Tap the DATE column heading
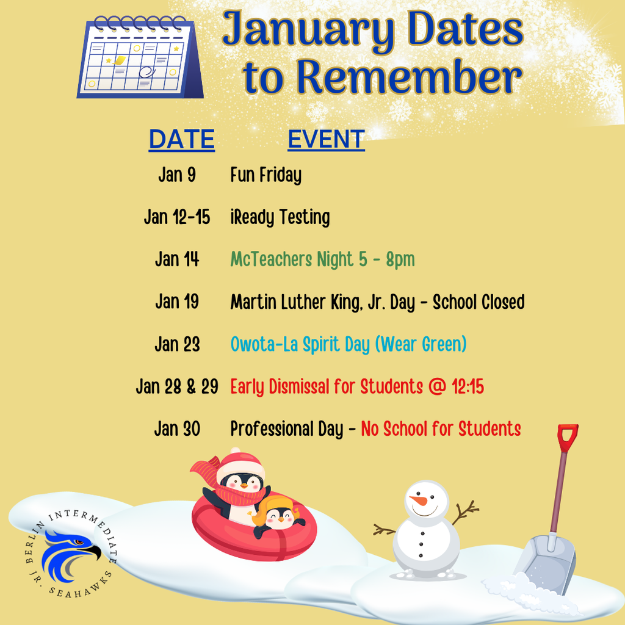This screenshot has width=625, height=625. (181, 139)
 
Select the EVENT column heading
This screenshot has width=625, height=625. (326, 139)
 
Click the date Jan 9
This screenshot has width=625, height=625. (177, 175)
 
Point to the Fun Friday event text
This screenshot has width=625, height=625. (266, 176)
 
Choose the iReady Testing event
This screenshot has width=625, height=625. (280, 217)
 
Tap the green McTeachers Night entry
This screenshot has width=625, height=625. (322, 259)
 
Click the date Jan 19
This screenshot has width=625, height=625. (177, 302)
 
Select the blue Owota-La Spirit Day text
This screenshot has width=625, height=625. (348, 344)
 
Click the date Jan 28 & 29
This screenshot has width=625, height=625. (177, 386)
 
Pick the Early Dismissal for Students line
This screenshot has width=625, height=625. (357, 386)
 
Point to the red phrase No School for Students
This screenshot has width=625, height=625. (441, 428)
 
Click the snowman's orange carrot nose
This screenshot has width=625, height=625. (419, 500)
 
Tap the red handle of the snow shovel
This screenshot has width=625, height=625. (567, 437)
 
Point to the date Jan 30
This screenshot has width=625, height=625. (177, 428)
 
